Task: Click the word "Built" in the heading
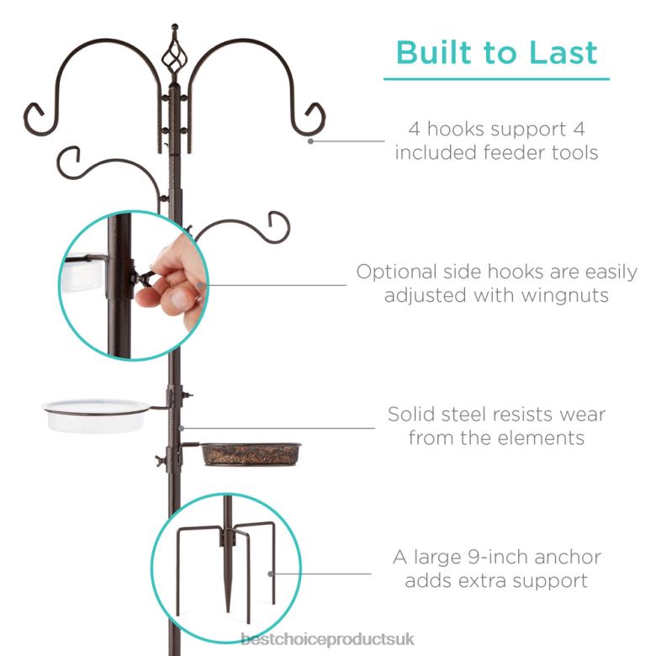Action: (x=436, y=52)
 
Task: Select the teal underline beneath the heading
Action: (x=496, y=79)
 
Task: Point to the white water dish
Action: (x=96, y=415)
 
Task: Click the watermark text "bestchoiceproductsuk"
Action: (x=328, y=641)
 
